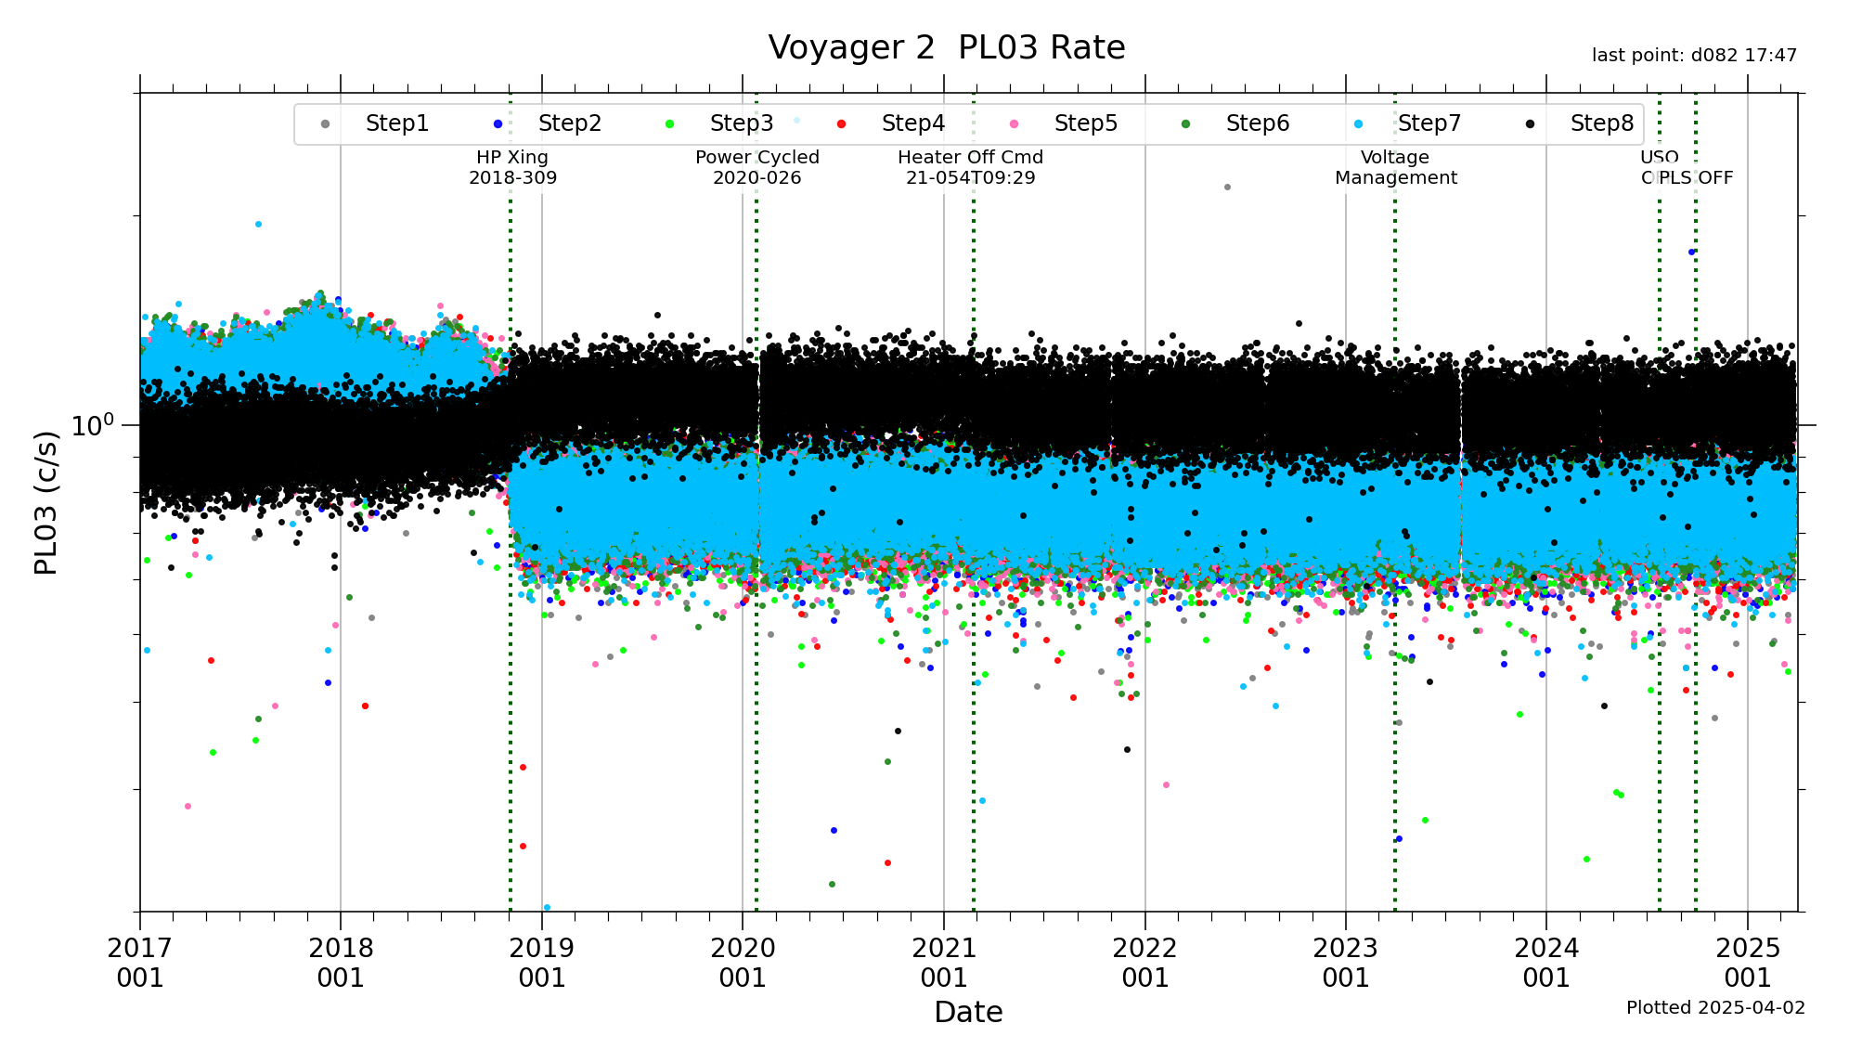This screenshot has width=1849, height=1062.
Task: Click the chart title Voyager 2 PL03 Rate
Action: [x=946, y=47]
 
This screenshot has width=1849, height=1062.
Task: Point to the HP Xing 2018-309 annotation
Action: [x=512, y=168]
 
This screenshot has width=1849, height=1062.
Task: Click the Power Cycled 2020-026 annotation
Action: [x=756, y=168]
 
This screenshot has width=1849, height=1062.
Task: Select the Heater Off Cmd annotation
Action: [x=970, y=168]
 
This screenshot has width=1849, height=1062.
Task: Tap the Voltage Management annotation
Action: [x=1395, y=168]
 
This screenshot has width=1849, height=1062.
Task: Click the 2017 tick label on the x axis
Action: [x=140, y=963]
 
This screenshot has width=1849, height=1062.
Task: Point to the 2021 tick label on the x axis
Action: [x=944, y=963]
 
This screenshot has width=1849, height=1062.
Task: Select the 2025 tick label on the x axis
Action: [x=1748, y=963]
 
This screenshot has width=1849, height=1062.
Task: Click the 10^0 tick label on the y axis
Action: [x=93, y=424]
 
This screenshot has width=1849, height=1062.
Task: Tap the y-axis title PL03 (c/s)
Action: [x=45, y=502]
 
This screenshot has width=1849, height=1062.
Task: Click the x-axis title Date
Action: [x=968, y=1012]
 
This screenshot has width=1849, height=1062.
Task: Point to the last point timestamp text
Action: [x=1694, y=56]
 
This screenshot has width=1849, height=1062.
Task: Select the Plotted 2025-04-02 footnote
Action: [x=1715, y=1008]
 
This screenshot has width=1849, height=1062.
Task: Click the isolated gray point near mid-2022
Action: [x=1227, y=187]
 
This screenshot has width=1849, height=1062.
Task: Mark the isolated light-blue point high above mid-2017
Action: [x=258, y=224]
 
